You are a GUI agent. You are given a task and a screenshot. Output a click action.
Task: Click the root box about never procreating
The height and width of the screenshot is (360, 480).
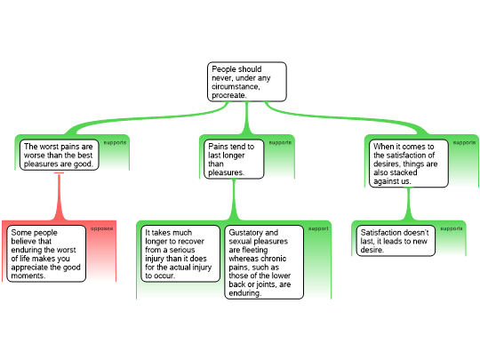247,82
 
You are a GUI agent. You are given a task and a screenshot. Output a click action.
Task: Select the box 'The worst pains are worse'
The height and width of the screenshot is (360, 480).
59,155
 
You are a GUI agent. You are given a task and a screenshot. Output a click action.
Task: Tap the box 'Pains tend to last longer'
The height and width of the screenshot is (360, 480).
234,159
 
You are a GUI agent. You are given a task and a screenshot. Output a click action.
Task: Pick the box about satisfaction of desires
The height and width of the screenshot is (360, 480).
409,164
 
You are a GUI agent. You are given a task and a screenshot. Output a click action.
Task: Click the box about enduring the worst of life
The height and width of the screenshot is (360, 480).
46,253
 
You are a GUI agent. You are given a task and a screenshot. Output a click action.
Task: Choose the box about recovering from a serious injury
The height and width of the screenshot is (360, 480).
180,253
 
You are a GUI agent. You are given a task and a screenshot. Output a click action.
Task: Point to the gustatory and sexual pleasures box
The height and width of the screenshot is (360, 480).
264,262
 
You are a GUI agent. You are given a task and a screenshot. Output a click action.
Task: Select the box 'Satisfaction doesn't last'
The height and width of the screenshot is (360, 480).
396,241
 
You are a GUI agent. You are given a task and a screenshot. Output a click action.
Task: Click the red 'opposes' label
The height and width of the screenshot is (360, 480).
101,228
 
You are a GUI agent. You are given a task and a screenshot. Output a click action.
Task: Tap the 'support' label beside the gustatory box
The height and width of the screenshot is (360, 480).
318,228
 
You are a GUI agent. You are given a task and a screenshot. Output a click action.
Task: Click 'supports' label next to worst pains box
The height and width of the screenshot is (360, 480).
115,142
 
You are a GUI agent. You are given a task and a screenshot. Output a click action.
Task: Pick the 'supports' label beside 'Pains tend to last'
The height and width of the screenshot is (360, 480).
280,142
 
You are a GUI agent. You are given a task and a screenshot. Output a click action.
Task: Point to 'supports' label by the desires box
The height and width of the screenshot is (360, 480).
464,142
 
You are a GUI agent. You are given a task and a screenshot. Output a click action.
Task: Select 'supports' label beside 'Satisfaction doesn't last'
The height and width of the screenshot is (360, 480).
452,228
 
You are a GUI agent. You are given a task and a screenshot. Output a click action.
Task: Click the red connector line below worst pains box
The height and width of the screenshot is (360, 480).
59,196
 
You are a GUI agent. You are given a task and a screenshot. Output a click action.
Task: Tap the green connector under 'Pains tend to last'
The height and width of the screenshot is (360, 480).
234,199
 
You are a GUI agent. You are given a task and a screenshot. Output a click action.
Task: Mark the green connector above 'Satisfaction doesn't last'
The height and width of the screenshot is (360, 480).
408,204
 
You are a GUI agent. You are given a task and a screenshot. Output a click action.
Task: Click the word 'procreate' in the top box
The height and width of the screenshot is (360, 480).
228,95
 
